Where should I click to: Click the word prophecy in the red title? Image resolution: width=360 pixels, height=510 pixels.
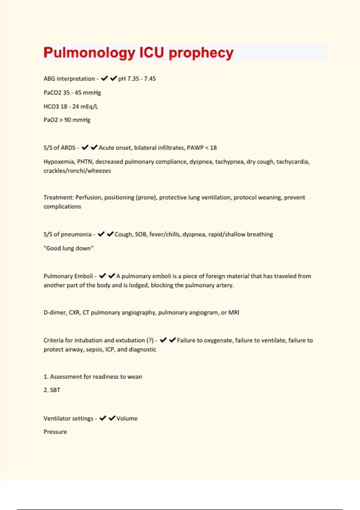[x=201, y=53]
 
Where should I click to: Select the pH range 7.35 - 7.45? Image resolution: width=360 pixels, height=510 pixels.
[x=137, y=79]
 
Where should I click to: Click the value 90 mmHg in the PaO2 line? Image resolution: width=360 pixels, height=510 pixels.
[x=77, y=120]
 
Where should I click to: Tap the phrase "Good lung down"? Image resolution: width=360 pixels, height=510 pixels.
[x=68, y=248]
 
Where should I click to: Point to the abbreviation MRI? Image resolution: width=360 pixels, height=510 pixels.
[x=234, y=313]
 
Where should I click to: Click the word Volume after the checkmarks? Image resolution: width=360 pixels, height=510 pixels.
[x=127, y=418]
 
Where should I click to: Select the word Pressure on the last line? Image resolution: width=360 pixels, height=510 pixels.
[x=55, y=432]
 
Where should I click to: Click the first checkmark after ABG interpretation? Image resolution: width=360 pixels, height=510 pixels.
[x=104, y=79]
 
